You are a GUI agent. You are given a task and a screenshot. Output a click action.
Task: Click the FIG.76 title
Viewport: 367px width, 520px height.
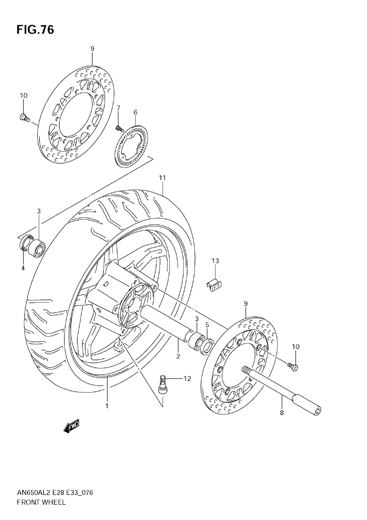35,30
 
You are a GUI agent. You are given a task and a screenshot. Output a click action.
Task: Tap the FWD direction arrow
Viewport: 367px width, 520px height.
71,426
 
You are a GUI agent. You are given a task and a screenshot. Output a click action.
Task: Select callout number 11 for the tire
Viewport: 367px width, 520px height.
162,178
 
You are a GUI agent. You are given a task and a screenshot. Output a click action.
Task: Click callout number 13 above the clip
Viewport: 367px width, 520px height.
215,261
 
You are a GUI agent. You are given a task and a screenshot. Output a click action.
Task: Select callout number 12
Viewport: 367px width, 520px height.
187,379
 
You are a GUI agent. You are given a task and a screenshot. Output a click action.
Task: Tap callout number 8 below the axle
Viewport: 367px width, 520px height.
282,412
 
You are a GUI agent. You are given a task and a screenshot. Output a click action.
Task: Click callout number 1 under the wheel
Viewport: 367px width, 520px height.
107,406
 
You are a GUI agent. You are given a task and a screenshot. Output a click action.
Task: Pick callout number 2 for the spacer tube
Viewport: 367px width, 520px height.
178,355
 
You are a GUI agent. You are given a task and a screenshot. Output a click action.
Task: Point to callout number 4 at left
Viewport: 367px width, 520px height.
23,268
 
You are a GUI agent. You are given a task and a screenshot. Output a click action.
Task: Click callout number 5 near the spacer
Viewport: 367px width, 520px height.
207,325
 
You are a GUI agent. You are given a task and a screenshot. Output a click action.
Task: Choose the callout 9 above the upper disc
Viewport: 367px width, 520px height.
92,48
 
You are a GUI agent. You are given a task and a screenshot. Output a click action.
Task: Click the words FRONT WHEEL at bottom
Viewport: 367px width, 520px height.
41,502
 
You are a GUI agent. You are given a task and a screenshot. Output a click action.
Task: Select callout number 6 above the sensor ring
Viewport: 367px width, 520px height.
135,112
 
